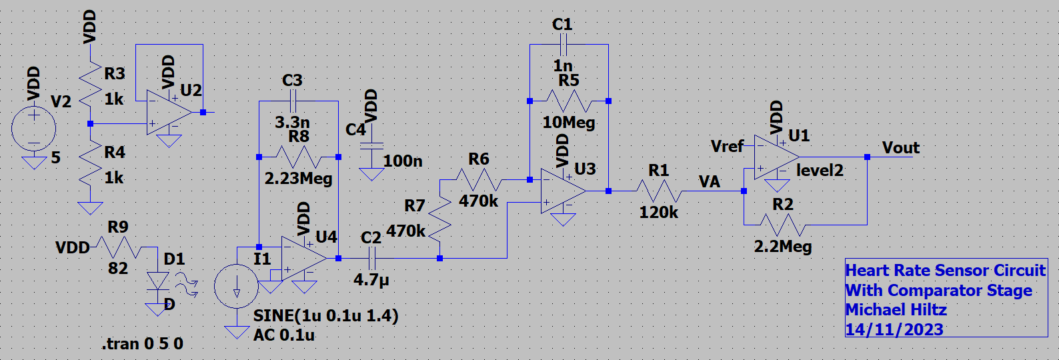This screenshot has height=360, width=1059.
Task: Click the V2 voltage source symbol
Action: click(33, 128)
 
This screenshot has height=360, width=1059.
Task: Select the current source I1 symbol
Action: click(236, 286)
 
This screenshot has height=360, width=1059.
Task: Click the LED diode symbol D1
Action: click(158, 281)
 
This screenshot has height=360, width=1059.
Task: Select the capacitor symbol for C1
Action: click(563, 45)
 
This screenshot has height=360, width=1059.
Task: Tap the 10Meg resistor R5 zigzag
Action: click(568, 101)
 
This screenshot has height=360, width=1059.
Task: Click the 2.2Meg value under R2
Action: click(783, 247)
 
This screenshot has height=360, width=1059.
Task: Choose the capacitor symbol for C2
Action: click(372, 258)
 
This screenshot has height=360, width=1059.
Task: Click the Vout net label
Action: click(900, 148)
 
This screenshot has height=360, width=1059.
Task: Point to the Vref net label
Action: click(727, 146)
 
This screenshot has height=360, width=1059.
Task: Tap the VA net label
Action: click(709, 182)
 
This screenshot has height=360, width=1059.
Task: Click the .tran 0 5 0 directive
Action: click(142, 344)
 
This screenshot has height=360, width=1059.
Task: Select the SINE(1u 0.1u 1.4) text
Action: click(325, 315)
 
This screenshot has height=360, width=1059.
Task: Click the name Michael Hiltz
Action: click(896, 310)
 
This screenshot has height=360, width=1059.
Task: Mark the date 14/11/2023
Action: click(894, 329)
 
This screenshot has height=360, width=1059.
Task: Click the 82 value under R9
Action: click(118, 268)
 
